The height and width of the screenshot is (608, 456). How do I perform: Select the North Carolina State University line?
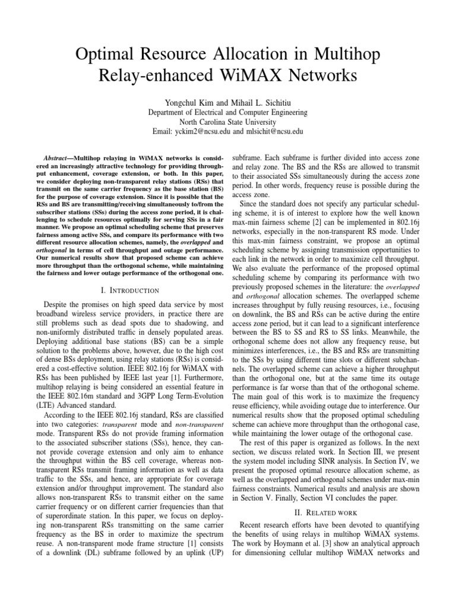point(227,122)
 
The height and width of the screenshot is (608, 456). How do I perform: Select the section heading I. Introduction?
point(129,290)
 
